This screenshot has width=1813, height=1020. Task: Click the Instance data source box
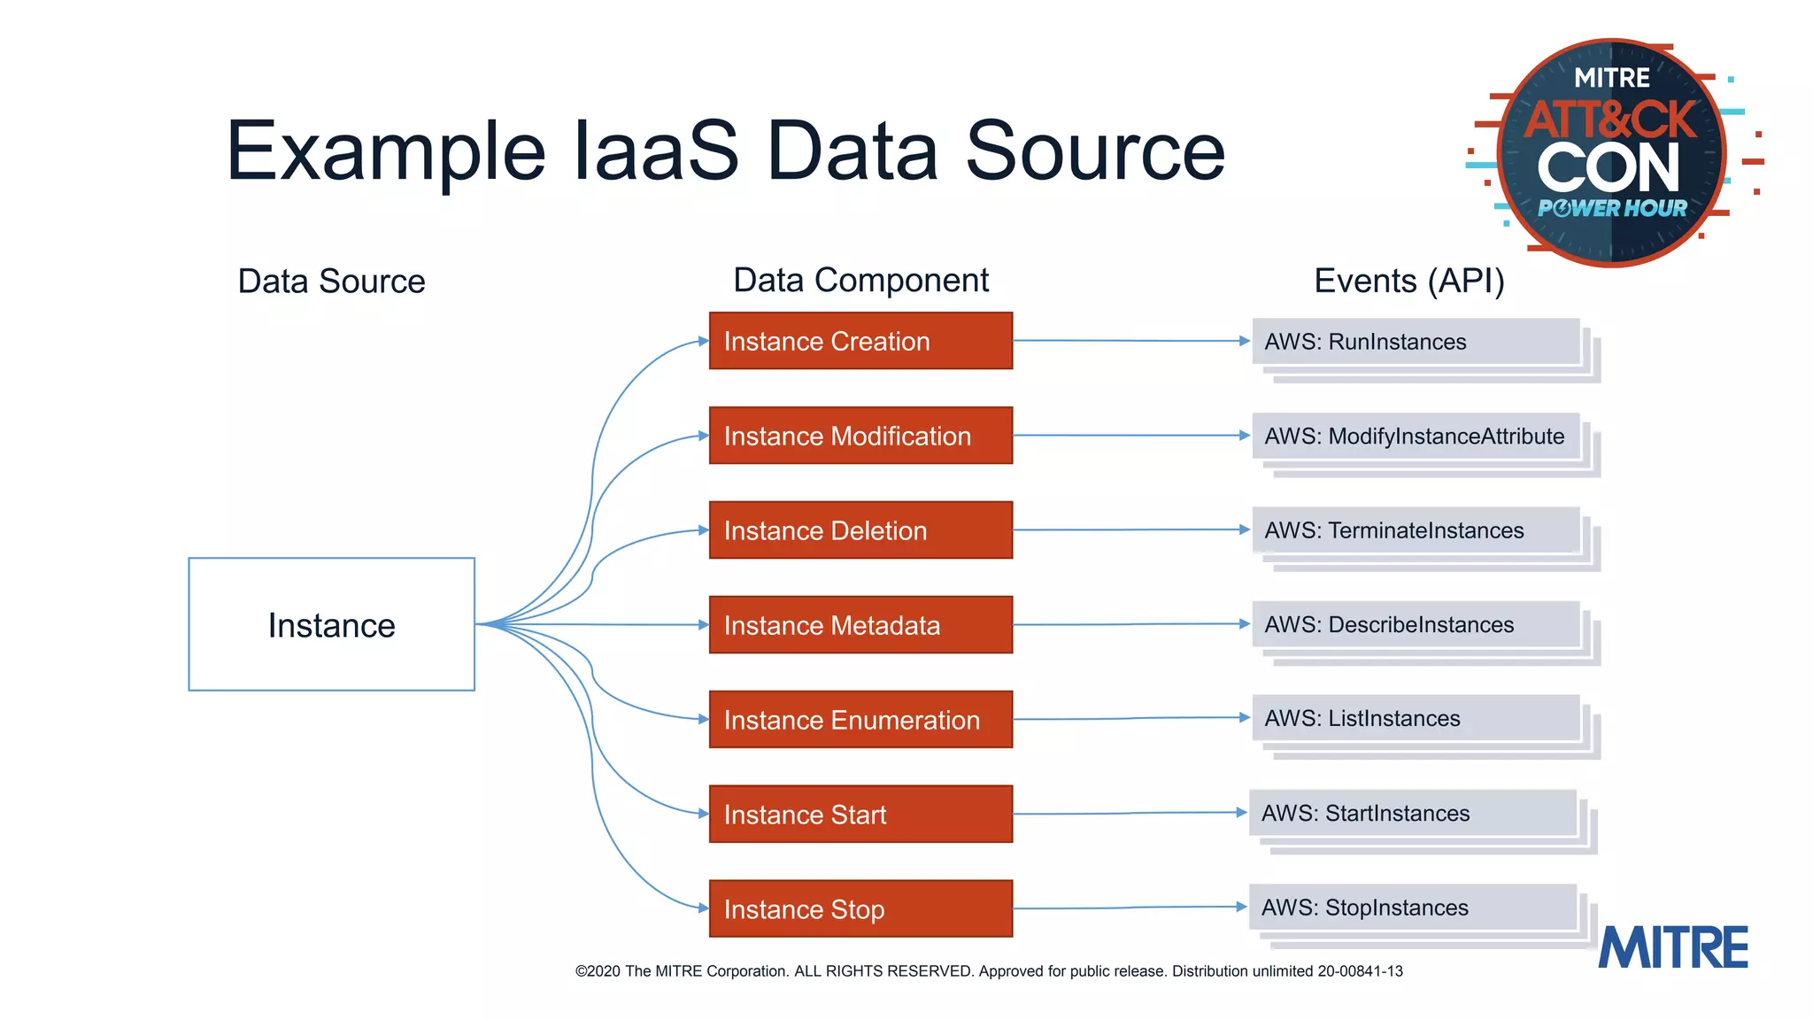pyautogui.click(x=331, y=624)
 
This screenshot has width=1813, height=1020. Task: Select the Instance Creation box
pyautogui.click(x=860, y=341)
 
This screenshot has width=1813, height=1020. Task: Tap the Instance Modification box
pyautogui.click(x=860, y=436)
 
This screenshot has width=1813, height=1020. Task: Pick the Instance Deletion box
pyautogui.click(x=860, y=530)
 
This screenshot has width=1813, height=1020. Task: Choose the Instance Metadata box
pyautogui.click(x=860, y=625)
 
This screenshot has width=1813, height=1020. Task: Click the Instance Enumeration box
pyautogui.click(x=860, y=720)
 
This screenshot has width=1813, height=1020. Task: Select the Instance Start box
pyautogui.click(x=860, y=815)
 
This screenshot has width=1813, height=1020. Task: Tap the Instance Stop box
pyautogui.click(x=860, y=909)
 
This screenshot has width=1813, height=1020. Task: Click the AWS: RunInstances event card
pyautogui.click(x=1416, y=342)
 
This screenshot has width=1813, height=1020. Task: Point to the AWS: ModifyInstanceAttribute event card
pyautogui.click(x=1416, y=437)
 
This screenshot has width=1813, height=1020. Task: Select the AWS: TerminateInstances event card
pyautogui.click(x=1416, y=530)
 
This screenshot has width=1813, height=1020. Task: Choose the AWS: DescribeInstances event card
pyautogui.click(x=1416, y=625)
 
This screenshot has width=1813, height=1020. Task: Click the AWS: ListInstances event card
pyautogui.click(x=1416, y=719)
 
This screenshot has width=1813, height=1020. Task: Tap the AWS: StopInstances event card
pyautogui.click(x=1413, y=908)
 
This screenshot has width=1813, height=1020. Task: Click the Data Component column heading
pyautogui.click(x=860, y=281)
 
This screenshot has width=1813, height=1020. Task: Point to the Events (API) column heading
pyautogui.click(x=1409, y=281)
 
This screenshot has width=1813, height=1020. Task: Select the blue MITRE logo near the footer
pyautogui.click(x=1673, y=947)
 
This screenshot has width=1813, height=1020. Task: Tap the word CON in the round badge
pyautogui.click(x=1608, y=168)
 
